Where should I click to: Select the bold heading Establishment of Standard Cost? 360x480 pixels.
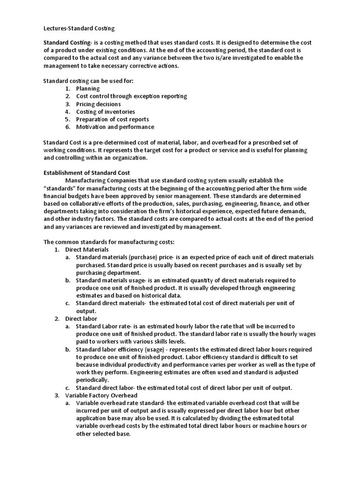[87, 173]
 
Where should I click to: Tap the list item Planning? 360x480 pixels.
[88, 89]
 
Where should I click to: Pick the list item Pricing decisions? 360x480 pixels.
[98, 104]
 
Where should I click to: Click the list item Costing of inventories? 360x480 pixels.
[105, 112]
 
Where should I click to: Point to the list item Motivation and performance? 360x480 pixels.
[115, 127]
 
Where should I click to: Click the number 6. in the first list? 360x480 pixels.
[67, 127]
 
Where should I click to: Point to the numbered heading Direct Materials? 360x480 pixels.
[87, 250]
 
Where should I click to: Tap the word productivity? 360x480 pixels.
[141, 365]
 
